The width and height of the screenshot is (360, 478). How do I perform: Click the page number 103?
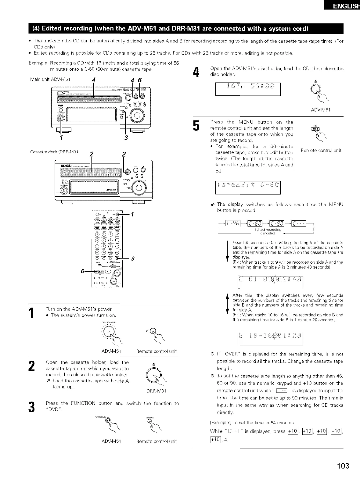pyautogui.click(x=343, y=466)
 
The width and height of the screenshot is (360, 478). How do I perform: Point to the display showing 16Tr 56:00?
pyautogui.click(x=248, y=89)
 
